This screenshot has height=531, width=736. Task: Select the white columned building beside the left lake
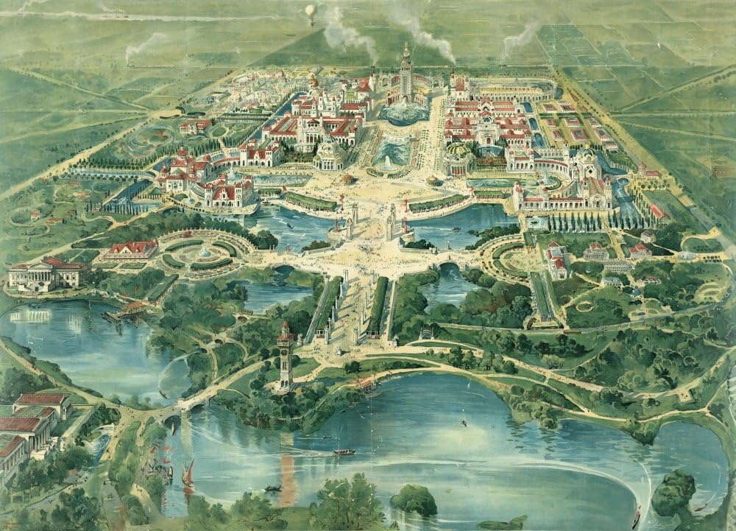point(46,273)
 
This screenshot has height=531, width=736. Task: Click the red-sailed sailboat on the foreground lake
point(188,472)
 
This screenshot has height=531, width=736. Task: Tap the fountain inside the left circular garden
point(205,251)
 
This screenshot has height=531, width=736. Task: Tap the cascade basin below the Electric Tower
point(403,112)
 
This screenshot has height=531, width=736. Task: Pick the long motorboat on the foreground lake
point(344,451)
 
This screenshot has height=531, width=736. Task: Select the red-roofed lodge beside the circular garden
point(131,250)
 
